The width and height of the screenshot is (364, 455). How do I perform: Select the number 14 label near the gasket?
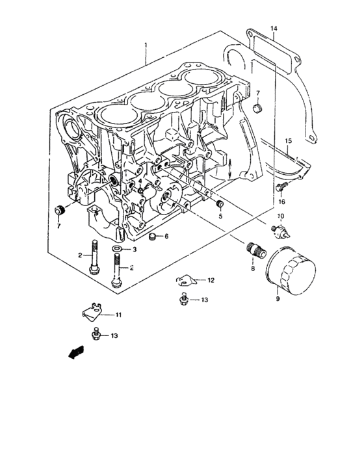tap(274, 29)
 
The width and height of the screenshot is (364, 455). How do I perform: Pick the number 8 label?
tap(253, 267)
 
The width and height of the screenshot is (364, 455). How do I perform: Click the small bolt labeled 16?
tap(280, 187)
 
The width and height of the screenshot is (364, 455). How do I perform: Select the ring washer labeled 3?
tap(116, 249)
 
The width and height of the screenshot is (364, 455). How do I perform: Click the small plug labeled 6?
tap(153, 236)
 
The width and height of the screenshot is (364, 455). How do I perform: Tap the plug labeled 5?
tap(219, 206)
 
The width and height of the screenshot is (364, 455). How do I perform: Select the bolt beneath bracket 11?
tap(97, 335)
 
